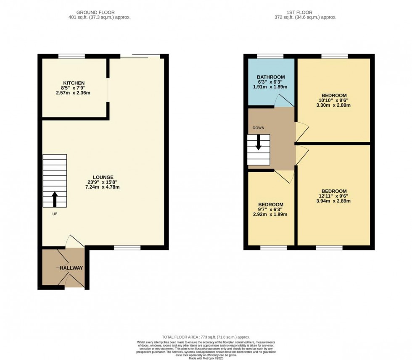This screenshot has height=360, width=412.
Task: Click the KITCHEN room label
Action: [x=74, y=83]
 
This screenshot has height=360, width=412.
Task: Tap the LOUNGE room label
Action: [x=103, y=177]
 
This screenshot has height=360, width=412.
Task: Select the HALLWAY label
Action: [x=71, y=268]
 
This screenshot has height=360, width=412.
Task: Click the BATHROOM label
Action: [x=271, y=77]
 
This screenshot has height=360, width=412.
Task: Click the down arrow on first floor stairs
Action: [x=258, y=142]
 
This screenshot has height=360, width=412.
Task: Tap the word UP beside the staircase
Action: [x=55, y=214]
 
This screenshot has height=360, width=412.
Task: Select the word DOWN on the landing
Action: [x=259, y=127]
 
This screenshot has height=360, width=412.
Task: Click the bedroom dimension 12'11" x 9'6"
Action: [x=333, y=196]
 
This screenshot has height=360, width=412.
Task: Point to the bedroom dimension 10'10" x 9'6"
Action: [x=333, y=100]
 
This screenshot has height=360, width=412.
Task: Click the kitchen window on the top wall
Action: [x=71, y=56]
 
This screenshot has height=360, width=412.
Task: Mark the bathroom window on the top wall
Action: [x=270, y=56]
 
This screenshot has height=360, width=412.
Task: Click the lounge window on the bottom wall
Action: [x=127, y=248]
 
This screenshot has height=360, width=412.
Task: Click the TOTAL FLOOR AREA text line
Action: [x=206, y=337]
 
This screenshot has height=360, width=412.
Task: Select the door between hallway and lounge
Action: [x=74, y=242]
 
